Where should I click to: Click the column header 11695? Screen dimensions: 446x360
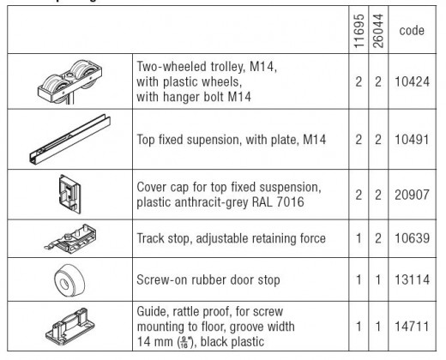tap(359, 31)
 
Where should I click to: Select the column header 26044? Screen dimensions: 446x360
tap(378, 31)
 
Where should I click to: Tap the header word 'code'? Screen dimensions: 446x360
tap(412, 31)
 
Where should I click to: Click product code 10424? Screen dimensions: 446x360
tap(412, 82)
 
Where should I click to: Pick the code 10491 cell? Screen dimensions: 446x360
tap(412, 140)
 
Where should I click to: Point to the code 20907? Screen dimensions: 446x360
tap(412, 195)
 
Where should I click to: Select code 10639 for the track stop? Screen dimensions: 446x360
tap(412, 238)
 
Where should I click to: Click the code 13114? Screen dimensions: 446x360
tap(412, 279)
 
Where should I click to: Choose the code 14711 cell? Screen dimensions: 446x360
tap(412, 327)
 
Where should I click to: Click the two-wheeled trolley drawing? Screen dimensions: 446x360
tap(69, 81)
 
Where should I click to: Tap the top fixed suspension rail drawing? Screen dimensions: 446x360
tap(69, 140)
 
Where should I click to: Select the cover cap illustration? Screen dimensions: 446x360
tap(70, 195)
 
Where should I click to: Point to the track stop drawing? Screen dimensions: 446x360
tap(70, 238)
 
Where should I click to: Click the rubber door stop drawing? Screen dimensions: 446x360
tap(69, 279)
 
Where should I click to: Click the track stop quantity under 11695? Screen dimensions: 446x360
tap(359, 238)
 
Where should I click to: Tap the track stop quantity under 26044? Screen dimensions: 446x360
tap(378, 238)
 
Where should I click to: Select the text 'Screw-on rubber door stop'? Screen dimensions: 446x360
tap(208, 280)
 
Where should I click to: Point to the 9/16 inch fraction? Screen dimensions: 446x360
tap(184, 342)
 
